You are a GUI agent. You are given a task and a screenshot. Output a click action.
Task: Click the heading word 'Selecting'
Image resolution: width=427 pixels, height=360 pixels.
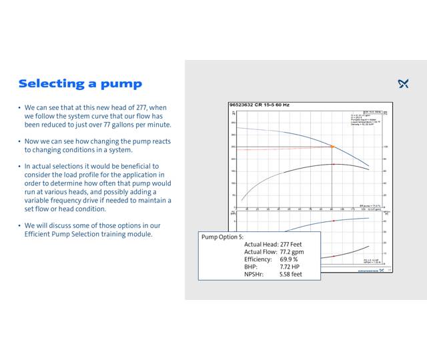coord(52,84)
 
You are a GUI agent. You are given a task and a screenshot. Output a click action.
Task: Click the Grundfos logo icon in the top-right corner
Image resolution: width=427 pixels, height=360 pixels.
coord(403,84)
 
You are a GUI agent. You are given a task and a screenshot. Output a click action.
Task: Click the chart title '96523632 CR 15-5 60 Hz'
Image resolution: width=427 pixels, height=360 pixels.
coord(261,105)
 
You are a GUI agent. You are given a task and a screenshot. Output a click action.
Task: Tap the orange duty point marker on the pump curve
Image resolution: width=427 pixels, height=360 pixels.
coord(332,146)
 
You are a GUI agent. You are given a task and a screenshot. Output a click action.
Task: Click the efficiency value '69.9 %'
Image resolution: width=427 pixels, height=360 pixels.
coord(289,259)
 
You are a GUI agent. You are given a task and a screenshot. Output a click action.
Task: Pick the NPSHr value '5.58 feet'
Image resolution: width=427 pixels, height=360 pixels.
coord(291,274)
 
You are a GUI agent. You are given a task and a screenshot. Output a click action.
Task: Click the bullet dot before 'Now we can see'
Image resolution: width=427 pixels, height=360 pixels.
coord(19,142)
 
